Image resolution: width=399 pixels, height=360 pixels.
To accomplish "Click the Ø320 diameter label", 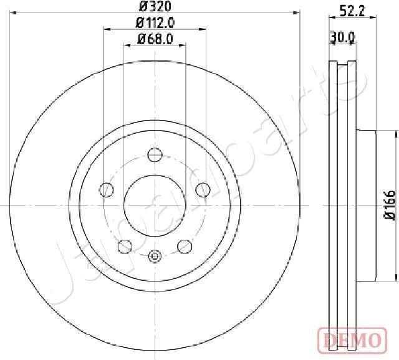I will (x=155, y=7).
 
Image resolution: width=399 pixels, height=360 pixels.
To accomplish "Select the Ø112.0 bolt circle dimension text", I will (x=155, y=24).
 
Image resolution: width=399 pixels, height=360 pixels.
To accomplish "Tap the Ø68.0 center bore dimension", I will (x=155, y=41).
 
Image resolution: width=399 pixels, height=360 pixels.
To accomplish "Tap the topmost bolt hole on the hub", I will (x=155, y=154).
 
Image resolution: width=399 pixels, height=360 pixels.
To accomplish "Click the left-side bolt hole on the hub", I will (x=107, y=189).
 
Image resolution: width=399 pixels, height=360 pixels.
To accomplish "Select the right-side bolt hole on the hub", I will (x=202, y=189).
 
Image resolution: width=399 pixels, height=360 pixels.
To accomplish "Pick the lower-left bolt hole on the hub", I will (x=125, y=246).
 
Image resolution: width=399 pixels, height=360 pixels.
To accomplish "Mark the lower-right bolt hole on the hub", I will (x=184, y=246).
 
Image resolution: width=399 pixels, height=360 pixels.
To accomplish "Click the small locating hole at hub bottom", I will (x=155, y=255).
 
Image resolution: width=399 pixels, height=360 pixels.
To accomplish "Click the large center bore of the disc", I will (x=155, y=204).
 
